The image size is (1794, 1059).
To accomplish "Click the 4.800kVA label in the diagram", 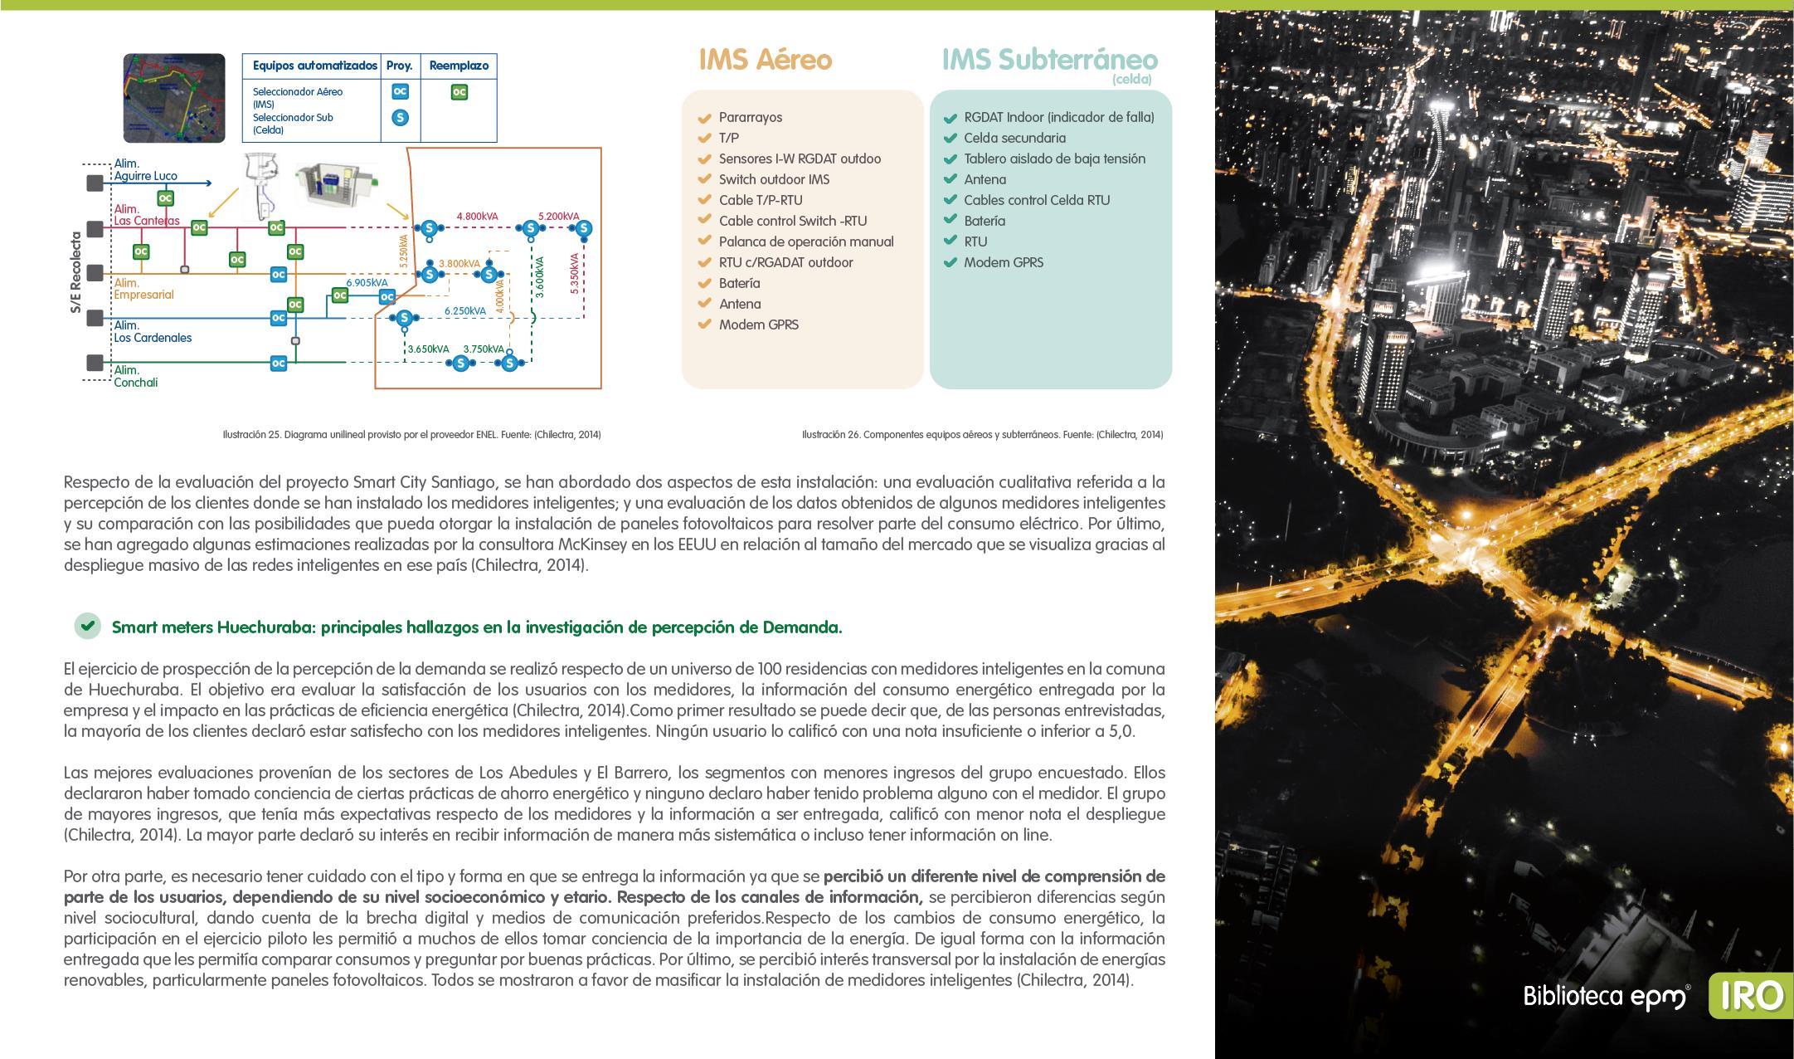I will point(477,217).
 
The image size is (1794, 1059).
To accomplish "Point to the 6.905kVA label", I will point(367,282).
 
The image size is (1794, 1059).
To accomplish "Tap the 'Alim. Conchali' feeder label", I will point(136,376).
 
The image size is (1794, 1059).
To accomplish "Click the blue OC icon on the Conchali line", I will point(279,363).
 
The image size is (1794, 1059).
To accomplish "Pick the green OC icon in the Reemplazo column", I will point(459,92).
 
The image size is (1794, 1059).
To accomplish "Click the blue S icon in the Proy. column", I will point(400,117).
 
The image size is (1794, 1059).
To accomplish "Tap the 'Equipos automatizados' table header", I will point(314,66).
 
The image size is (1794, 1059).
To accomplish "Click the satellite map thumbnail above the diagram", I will point(174,98).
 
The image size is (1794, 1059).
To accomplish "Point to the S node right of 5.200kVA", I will point(584,228).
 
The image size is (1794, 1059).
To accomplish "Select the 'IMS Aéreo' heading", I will point(765,60).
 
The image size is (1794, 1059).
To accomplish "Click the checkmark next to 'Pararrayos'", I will point(705,118).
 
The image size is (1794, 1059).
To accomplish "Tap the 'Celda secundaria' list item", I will point(1014,138).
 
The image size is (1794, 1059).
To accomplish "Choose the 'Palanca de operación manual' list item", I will point(806,242).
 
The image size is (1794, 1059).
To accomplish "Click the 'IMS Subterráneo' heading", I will point(1049,60).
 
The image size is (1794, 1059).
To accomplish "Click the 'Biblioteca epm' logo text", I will point(1604,996).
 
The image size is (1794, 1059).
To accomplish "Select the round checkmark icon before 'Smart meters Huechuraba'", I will point(87,626).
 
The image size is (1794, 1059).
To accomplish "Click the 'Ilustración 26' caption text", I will point(982,434).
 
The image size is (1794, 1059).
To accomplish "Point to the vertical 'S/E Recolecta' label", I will point(76,272).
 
